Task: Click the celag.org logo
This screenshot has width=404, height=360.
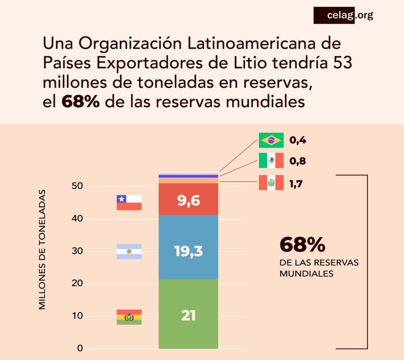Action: pos(343,16)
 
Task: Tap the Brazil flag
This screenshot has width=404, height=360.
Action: pos(271,140)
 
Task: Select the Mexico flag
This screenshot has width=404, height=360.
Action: pos(271,161)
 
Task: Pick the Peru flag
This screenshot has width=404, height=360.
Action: pos(271,183)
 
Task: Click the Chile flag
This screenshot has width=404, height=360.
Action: pos(129,202)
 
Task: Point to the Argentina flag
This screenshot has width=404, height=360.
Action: pos(129,251)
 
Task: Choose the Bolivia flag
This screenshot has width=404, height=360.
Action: pos(129,317)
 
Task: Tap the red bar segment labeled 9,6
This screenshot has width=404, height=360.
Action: pos(188,201)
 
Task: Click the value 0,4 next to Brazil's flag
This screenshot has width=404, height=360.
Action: pos(298,140)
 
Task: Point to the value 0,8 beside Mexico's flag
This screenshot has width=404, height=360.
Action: pos(298,161)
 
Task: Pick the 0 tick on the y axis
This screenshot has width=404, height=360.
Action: pos(80,349)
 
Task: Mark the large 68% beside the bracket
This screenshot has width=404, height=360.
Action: pos(302,245)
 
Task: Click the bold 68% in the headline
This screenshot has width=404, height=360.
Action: pos(80,101)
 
